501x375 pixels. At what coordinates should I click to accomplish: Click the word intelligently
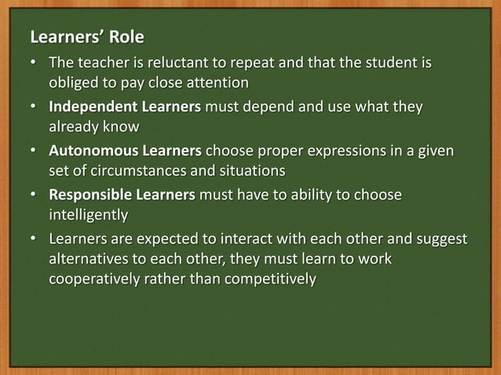88,213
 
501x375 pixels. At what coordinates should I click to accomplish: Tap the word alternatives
89,257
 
